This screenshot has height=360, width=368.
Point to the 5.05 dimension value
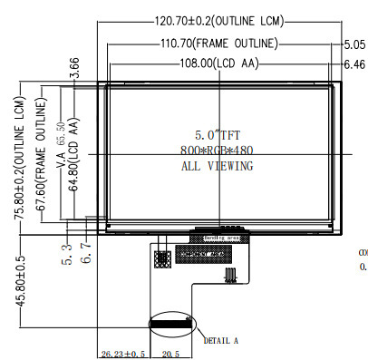point(354,44)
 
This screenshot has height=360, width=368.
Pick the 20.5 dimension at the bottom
point(170,354)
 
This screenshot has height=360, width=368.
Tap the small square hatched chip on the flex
point(163,258)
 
